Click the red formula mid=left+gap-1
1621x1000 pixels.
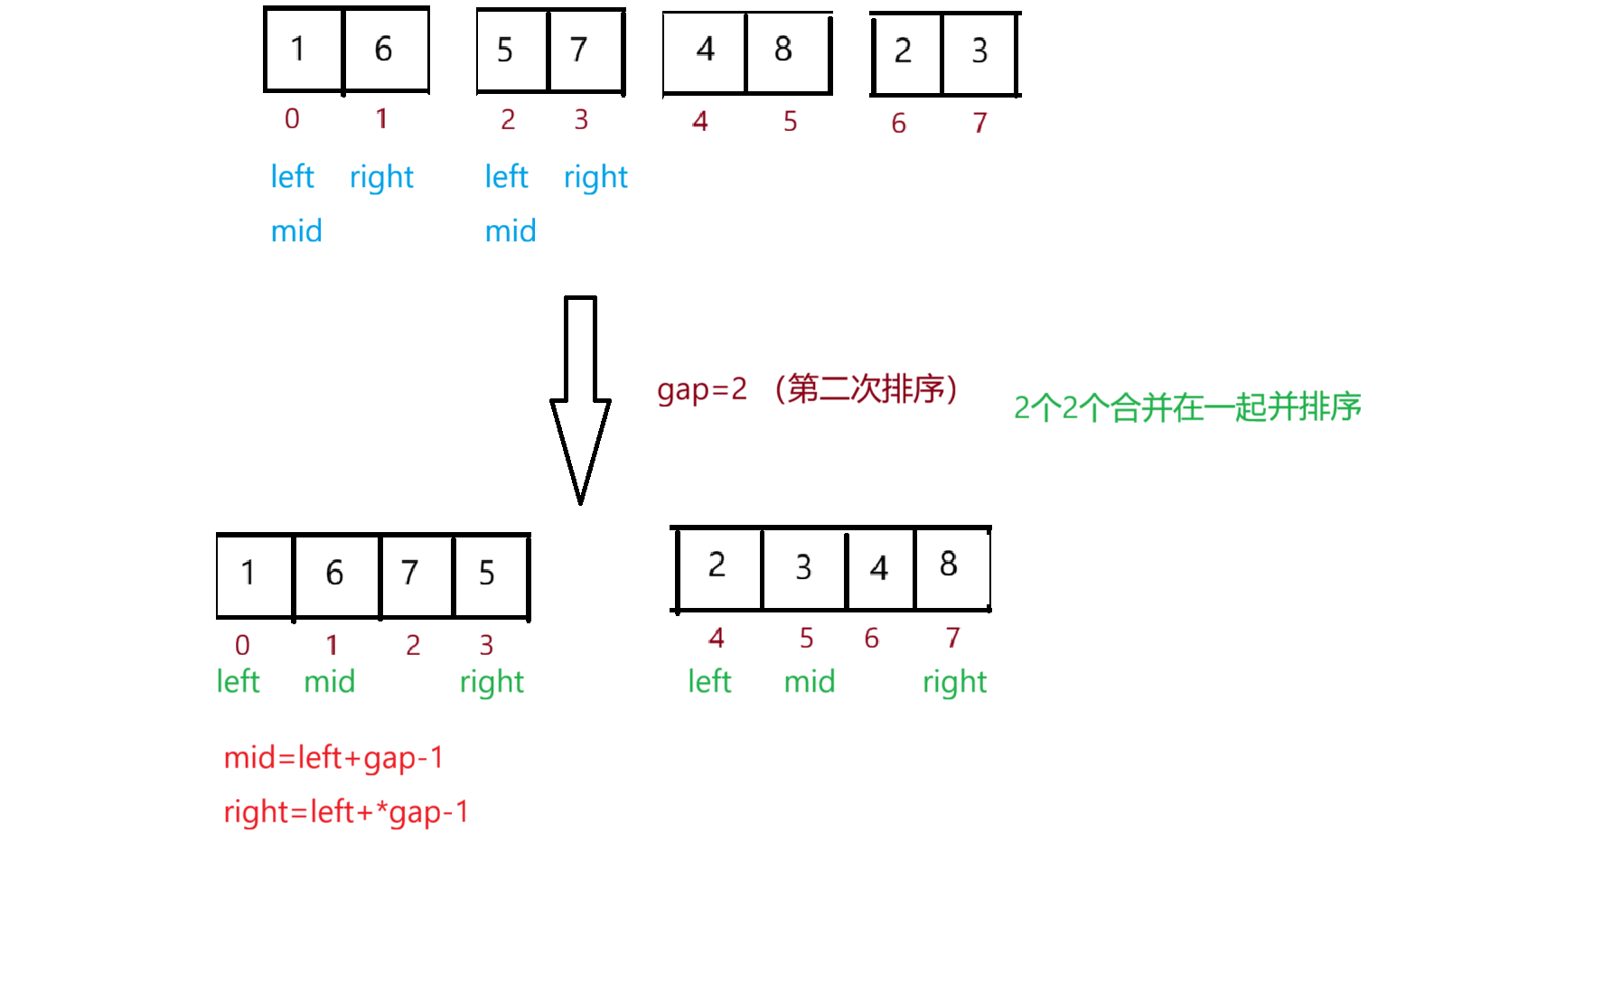click(333, 758)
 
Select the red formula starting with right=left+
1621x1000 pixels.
click(346, 812)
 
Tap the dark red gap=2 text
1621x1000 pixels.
click(702, 389)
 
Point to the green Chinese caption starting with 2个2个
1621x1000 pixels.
click(1186, 407)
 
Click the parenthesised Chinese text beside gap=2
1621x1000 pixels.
click(866, 389)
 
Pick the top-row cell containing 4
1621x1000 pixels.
click(705, 51)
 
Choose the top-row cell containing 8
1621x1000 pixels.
click(784, 51)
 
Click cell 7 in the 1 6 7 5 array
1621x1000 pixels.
click(410, 573)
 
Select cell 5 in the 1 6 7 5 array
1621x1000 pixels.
click(487, 573)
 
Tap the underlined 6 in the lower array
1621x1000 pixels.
click(335, 573)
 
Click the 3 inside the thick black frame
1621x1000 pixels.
click(804, 568)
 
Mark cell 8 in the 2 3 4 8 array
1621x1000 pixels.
click(949, 565)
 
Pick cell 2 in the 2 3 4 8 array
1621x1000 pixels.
click(717, 565)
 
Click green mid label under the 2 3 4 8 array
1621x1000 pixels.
click(810, 682)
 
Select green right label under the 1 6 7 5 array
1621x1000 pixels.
click(492, 682)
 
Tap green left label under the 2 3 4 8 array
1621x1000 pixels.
click(709, 682)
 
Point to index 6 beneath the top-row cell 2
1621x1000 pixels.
click(899, 123)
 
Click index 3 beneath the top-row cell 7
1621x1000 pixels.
click(581, 119)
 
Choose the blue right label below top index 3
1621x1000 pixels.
click(595, 177)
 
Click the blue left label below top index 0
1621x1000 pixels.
click(292, 177)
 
